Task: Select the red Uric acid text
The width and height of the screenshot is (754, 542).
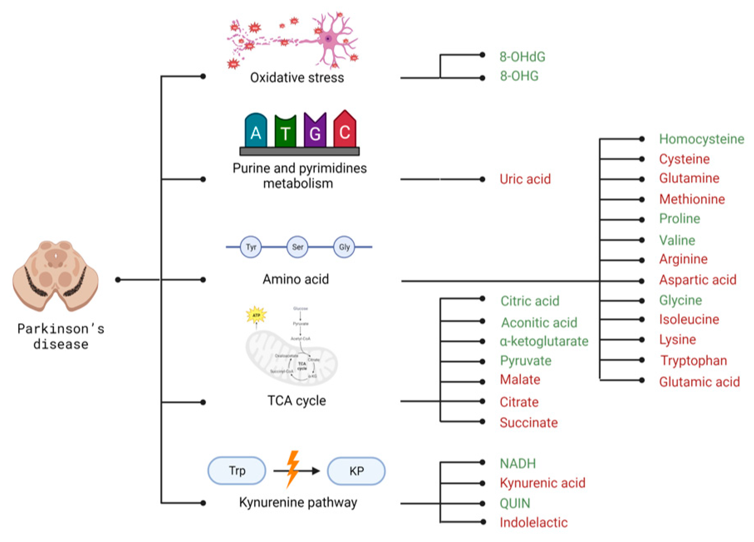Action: (x=525, y=179)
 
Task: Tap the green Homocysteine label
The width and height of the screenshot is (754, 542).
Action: (x=702, y=139)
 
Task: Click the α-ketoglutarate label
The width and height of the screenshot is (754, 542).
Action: (x=544, y=341)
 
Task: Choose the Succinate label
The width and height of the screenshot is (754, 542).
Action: (x=529, y=423)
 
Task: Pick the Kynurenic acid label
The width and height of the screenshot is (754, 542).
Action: (x=542, y=483)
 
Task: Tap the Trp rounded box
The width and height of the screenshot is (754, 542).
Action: (x=237, y=470)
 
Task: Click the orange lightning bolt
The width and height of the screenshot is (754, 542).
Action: (x=293, y=469)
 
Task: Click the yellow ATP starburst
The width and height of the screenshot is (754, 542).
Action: (x=256, y=315)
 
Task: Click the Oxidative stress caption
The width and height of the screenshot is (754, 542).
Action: (x=297, y=78)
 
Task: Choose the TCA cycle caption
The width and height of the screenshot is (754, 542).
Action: (x=296, y=401)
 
